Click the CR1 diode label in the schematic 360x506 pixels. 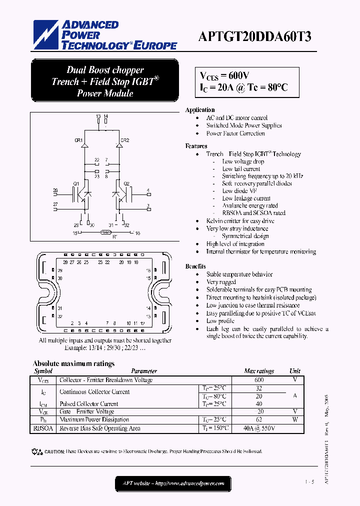(x=78, y=140)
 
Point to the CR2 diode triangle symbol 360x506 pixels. (x=119, y=145)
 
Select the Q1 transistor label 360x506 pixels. (x=76, y=184)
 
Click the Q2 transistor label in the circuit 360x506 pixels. (x=126, y=184)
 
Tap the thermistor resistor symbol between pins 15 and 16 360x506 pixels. (x=105, y=232)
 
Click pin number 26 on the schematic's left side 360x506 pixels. (x=55, y=190)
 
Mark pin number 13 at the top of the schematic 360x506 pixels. (x=98, y=116)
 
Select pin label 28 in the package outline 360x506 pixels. (x=65, y=262)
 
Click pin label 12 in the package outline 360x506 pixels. (x=142, y=323)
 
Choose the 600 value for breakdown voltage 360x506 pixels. (x=259, y=380)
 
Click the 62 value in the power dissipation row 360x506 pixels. (x=259, y=419)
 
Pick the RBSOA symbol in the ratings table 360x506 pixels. (x=43, y=428)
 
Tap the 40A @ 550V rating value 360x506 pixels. (x=259, y=428)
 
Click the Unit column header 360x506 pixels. (x=295, y=371)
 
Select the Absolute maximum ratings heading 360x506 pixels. (x=73, y=363)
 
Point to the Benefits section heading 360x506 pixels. (x=196, y=266)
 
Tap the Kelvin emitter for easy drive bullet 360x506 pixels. (x=240, y=220)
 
